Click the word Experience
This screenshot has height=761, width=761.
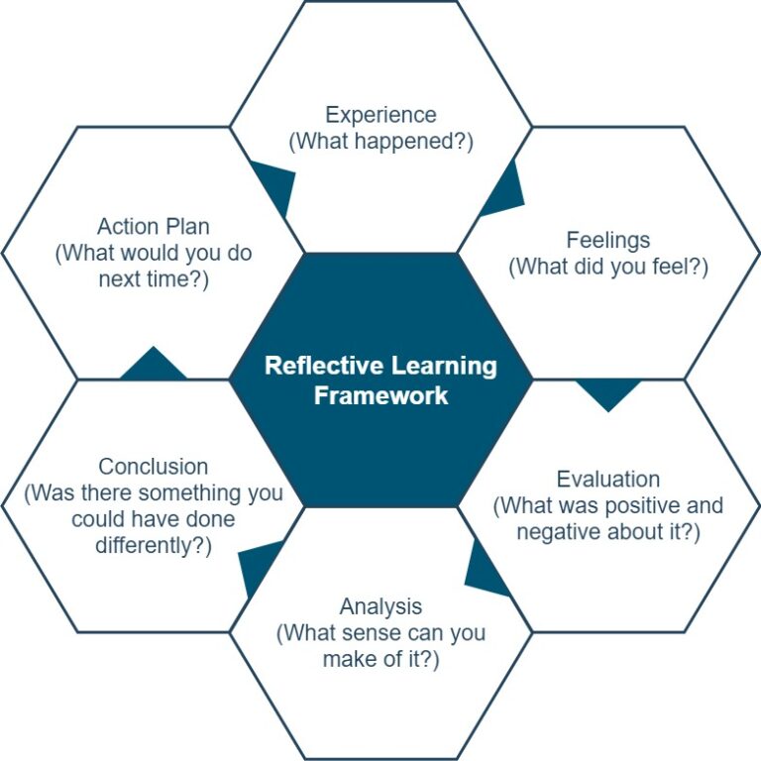click(x=380, y=116)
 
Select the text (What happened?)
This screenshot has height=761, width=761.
click(x=380, y=142)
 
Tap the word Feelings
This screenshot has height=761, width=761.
click(x=608, y=241)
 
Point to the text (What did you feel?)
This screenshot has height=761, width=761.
click(x=608, y=267)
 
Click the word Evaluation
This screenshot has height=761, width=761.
click(x=608, y=480)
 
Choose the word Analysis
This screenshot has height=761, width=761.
click(x=380, y=607)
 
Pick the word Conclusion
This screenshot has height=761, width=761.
click(x=154, y=467)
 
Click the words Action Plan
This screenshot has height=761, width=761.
click(x=154, y=227)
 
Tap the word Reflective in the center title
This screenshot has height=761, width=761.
click(x=324, y=366)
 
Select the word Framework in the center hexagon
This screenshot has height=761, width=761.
click(x=380, y=395)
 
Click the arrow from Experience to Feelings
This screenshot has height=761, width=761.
click(x=502, y=188)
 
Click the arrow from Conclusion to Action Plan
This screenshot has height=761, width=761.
click(x=154, y=363)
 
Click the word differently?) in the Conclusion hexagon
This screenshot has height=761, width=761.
click(x=154, y=546)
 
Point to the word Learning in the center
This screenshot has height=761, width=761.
click(x=444, y=367)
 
